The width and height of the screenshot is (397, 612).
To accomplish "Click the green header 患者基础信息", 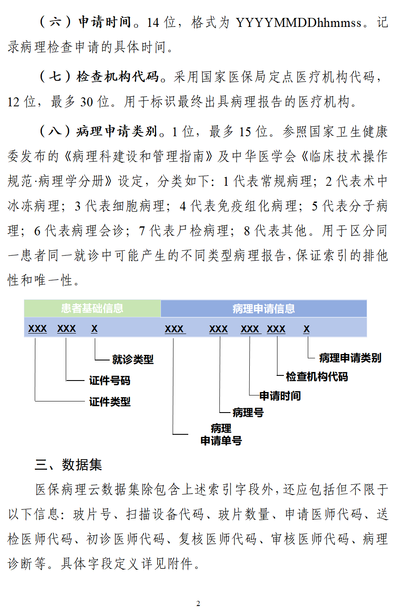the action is [92, 308].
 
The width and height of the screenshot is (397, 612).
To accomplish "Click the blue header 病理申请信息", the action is [263, 309].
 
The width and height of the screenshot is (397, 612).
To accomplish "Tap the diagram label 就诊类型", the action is [133, 360].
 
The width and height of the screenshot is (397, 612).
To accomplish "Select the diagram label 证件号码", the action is [110, 381].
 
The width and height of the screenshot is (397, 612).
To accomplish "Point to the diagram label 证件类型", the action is [110, 402].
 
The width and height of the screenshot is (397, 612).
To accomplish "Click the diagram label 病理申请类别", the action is [350, 358].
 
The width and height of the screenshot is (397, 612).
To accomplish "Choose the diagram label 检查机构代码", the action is [317, 377].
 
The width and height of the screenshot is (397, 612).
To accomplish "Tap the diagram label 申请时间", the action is [280, 396].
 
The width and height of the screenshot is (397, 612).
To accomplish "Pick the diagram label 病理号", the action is [248, 413].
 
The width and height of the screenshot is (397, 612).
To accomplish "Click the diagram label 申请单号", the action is [221, 441].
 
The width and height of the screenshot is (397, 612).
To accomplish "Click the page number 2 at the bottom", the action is [198, 603].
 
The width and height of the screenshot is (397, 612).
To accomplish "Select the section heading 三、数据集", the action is [68, 465].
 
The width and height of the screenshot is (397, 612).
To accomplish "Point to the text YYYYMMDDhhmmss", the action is [298, 23].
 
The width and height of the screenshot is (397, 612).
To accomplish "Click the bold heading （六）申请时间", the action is [85, 22].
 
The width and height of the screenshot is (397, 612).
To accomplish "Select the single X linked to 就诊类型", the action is [94, 329].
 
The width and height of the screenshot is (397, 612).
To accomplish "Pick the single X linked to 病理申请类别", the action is [307, 329].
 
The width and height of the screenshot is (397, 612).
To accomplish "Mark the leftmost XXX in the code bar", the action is [38, 329].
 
